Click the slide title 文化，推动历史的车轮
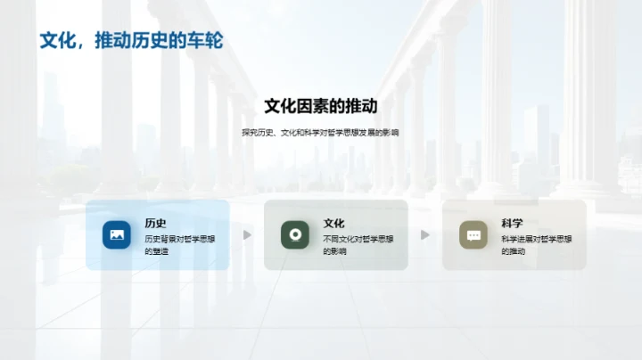tap(130, 41)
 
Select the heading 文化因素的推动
tap(321, 107)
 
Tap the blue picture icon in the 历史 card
tap(117, 234)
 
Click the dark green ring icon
tap(295, 234)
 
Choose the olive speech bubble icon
tap(473, 234)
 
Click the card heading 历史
tap(156, 224)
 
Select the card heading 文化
tap(334, 224)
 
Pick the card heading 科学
tap(513, 224)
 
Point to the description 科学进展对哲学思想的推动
tap(536, 245)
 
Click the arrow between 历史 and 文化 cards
tap(247, 235)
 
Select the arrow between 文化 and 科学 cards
tap(425, 235)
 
